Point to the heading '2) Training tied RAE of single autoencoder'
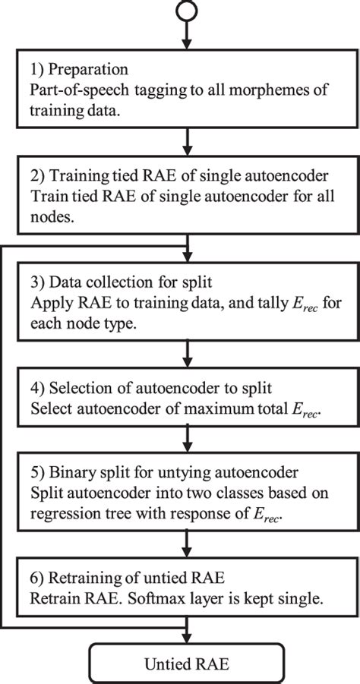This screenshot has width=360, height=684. coord(178,176)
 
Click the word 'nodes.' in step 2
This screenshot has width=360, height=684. coord(51,214)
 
